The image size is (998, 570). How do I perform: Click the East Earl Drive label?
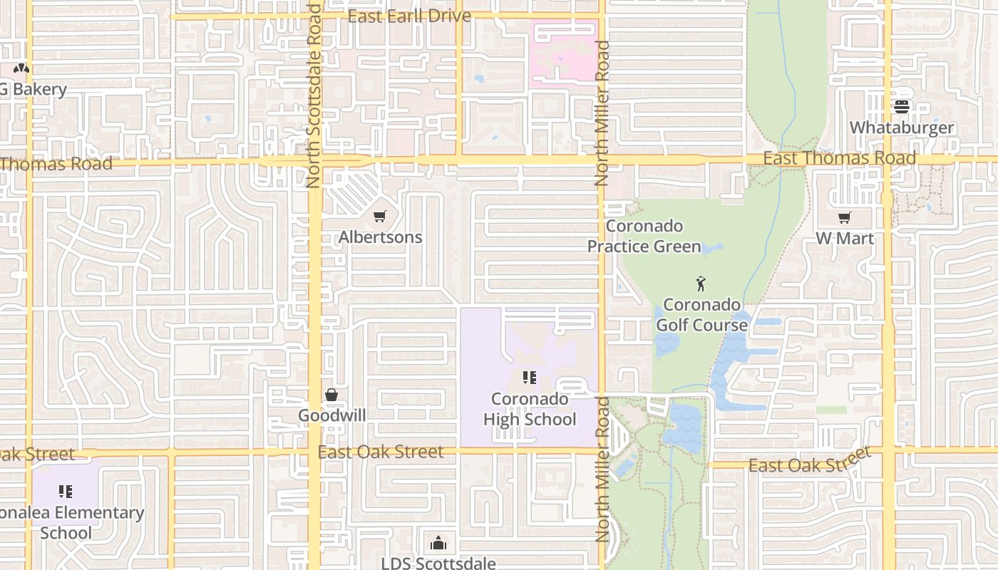click(x=409, y=16)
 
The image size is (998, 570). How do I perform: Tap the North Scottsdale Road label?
click(x=314, y=96)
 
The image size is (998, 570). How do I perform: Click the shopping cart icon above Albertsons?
click(x=380, y=216)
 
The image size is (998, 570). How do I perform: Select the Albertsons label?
click(x=380, y=237)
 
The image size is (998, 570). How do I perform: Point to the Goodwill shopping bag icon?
click(x=331, y=395)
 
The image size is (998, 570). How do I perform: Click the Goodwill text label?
click(x=331, y=415)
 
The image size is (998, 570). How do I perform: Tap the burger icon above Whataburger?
click(x=902, y=107)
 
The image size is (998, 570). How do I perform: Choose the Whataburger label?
click(x=902, y=128)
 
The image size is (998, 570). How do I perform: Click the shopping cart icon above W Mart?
click(x=845, y=217)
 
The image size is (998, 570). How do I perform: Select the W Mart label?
click(x=845, y=238)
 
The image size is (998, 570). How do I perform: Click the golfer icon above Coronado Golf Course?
click(x=701, y=284)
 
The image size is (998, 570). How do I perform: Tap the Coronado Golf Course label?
click(x=701, y=315)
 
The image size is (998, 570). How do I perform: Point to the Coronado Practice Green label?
click(x=644, y=237)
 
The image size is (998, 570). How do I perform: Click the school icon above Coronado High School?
click(x=529, y=378)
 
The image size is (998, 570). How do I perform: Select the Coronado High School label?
click(x=529, y=409)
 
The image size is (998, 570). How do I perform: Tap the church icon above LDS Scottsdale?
click(x=438, y=543)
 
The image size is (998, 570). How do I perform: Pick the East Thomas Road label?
click(x=839, y=158)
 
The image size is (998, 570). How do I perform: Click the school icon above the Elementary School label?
click(x=66, y=492)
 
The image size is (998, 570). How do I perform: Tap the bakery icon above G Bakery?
click(x=22, y=69)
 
